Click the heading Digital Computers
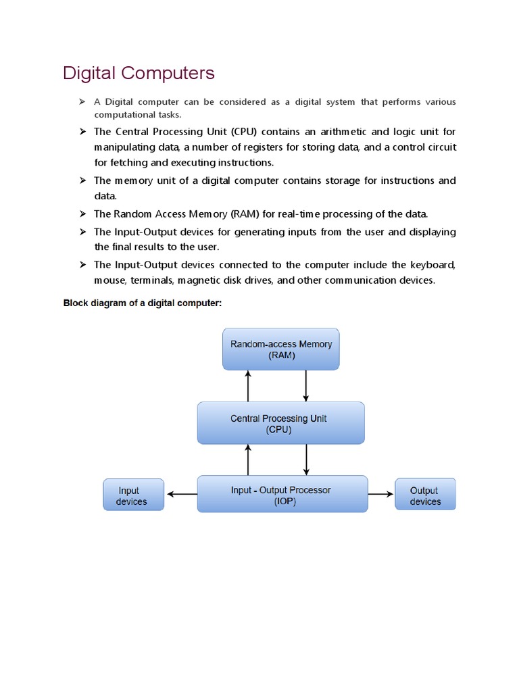139,73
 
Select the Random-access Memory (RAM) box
281,349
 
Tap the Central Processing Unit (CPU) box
280,424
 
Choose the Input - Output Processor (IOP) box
282,495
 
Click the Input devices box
132,495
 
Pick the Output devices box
425,495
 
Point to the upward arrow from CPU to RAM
249,386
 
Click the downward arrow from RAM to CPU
306,386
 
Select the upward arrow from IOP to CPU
249,460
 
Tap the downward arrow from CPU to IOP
306,460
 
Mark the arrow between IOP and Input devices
180,494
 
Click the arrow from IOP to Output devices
381,494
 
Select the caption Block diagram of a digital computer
142,303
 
